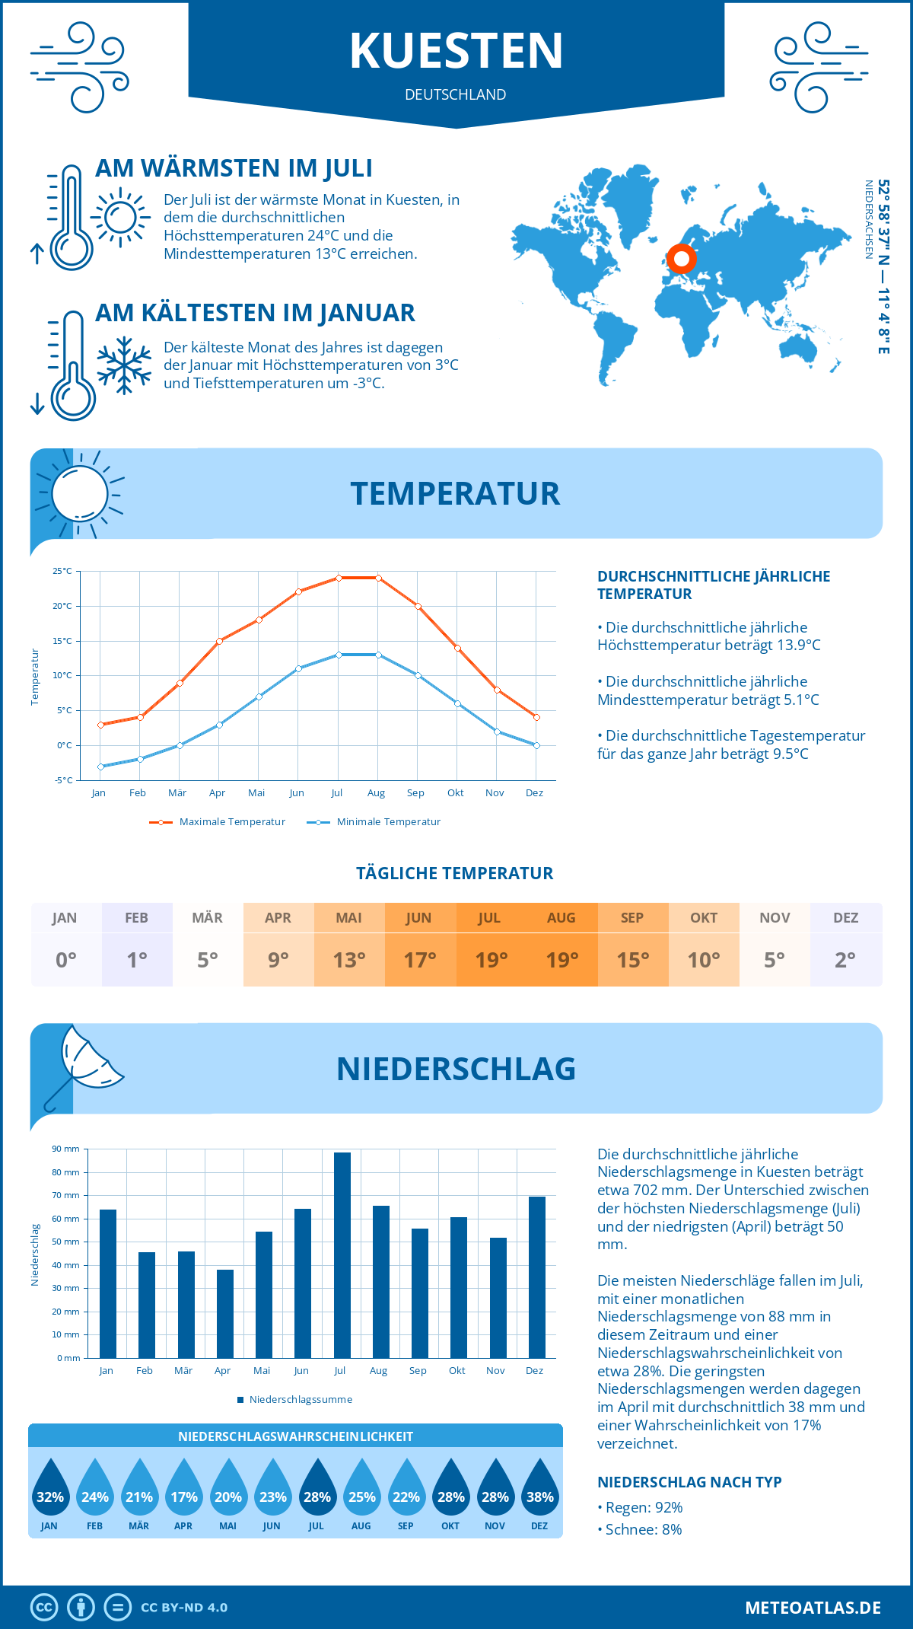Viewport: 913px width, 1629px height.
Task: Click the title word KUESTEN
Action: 456,51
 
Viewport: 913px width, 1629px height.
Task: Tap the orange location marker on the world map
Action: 682,259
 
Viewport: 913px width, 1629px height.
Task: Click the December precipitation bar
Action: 537,1277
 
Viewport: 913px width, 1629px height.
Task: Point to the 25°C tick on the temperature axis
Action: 62,571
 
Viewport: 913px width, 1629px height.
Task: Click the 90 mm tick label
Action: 66,1149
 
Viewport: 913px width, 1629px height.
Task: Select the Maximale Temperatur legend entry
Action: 218,822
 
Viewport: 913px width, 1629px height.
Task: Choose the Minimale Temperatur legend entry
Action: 374,822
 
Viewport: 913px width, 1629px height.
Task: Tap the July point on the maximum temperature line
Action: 339,578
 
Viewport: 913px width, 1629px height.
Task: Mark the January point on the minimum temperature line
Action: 100,767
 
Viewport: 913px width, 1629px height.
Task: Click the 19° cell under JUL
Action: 491,960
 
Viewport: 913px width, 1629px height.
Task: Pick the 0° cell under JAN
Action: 66,960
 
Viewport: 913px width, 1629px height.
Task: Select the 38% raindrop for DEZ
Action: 539,1488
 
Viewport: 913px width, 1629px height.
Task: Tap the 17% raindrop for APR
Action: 183,1488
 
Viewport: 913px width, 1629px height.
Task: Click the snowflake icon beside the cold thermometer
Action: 124,365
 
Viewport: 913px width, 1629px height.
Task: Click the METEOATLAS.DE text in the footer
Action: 813,1608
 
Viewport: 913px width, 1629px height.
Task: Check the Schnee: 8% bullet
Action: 640,1529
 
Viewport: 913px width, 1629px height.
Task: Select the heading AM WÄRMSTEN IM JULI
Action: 234,168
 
